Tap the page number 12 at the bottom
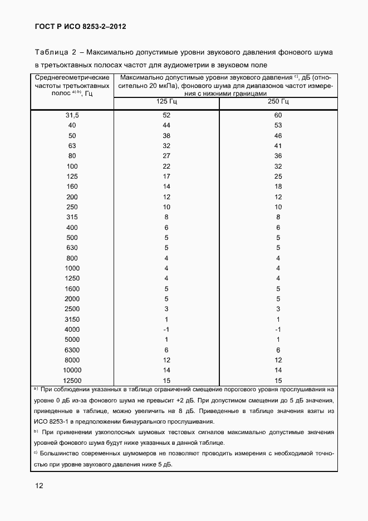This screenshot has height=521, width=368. [40, 485]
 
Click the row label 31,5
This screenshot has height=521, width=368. [72, 115]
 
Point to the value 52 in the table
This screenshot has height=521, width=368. [166, 115]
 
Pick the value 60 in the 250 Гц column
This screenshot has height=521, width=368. [278, 115]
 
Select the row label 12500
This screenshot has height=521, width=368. [72, 380]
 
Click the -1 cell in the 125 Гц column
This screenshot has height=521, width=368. [166, 330]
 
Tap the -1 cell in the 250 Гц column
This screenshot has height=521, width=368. [278, 330]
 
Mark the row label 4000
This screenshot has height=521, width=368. [72, 330]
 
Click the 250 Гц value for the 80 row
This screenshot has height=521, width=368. [278, 156]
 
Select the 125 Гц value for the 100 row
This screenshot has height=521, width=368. [166, 166]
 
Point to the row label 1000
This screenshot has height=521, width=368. [72, 268]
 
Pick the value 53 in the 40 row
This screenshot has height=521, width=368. [278, 125]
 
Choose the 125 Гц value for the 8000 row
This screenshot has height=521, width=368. [166, 360]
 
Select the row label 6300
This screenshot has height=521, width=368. [72, 350]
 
